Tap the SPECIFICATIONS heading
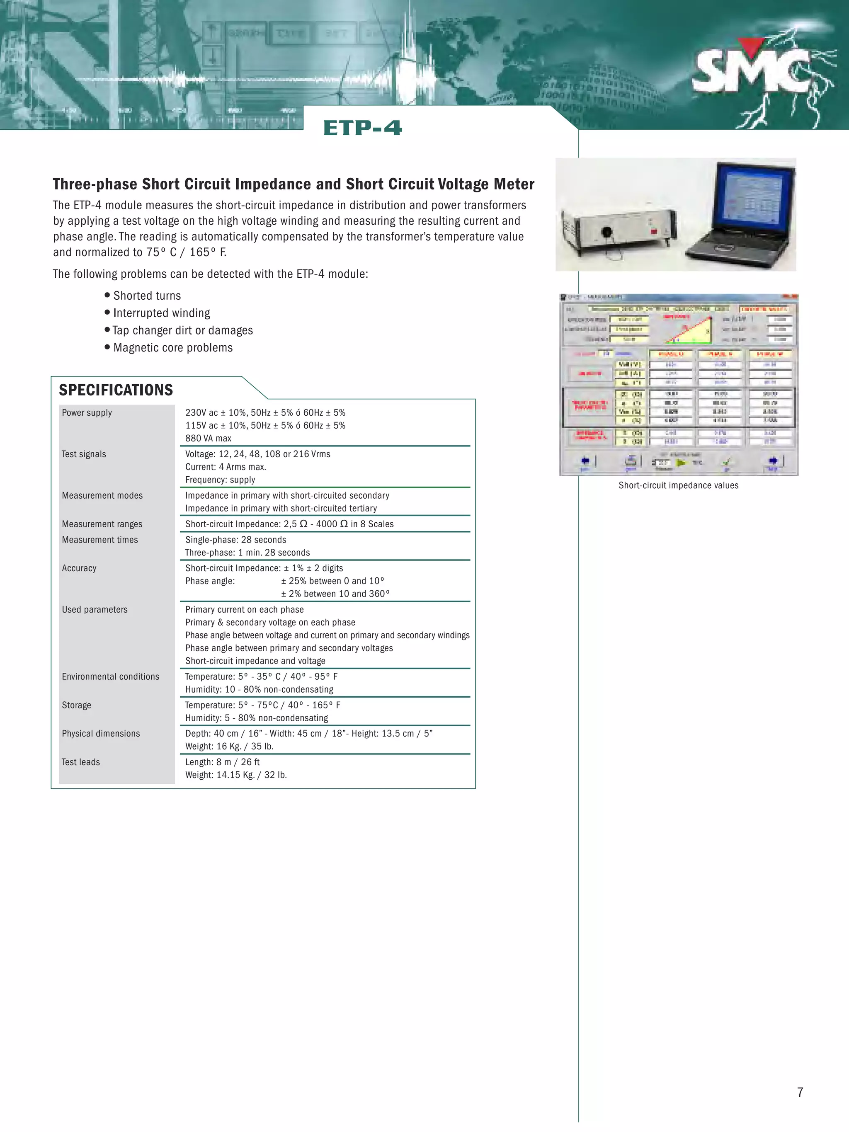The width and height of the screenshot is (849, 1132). [x=116, y=390]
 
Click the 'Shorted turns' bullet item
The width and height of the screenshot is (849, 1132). [x=147, y=296]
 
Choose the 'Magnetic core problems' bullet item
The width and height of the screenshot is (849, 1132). [x=172, y=348]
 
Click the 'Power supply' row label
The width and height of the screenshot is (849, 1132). [x=87, y=413]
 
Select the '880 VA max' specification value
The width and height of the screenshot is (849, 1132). [x=208, y=439]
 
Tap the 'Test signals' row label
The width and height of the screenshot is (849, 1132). [x=84, y=454]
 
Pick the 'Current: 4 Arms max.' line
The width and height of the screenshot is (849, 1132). [x=226, y=467]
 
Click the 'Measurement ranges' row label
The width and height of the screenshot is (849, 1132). [x=102, y=524]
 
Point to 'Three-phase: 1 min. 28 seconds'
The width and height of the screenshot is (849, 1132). [x=247, y=553]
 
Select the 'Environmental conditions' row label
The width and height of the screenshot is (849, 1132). [x=111, y=677]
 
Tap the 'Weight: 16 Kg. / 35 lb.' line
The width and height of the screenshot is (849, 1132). [x=229, y=747]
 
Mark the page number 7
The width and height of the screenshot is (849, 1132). [x=800, y=1093]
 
